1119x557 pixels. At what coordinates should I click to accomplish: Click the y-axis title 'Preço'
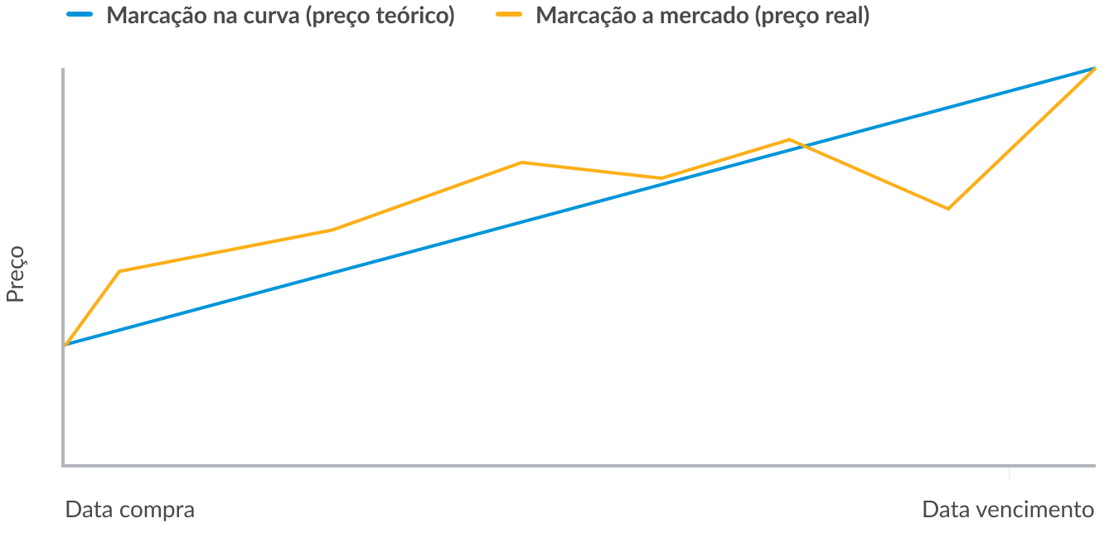coord(16,274)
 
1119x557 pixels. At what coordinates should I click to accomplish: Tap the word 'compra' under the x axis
coord(158,509)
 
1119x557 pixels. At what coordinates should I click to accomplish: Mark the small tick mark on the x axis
coord(1009,473)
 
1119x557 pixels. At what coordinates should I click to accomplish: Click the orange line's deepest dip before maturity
coord(947,208)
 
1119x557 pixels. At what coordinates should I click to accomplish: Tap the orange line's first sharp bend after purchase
coord(121,271)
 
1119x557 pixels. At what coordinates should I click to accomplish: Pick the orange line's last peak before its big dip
coord(789,139)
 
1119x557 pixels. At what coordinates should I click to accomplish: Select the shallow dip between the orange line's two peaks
coord(661,177)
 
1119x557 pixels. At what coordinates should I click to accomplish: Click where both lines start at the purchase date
coord(65,344)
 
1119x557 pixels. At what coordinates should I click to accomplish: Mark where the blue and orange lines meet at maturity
coord(1094,69)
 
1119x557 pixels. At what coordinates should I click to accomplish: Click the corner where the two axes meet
coord(63,466)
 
